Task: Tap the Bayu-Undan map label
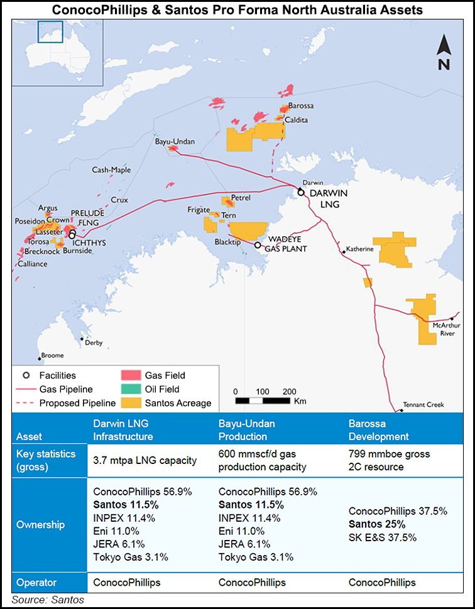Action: tap(175, 143)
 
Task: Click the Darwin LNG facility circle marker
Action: tap(301, 192)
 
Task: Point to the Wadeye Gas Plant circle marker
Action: tap(258, 244)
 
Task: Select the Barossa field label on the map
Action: tap(301, 107)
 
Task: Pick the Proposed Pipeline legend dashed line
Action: tap(26, 403)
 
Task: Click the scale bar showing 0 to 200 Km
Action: tap(262, 400)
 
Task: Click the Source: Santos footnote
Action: tap(47, 600)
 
